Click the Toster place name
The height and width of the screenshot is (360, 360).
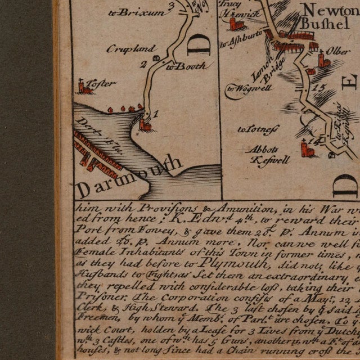click(103, 83)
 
